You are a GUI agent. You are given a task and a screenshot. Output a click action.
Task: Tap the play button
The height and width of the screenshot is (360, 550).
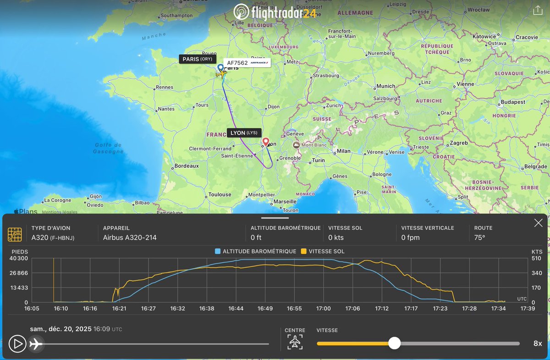[17, 343]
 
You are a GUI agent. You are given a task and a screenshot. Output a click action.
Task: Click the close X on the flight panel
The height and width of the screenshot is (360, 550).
[538, 223]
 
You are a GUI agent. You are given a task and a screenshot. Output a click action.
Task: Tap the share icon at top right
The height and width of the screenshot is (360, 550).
[538, 11]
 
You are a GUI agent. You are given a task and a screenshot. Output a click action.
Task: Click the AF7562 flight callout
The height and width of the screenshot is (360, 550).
[247, 63]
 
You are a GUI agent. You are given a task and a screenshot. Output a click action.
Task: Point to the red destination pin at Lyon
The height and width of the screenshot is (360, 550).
[266, 141]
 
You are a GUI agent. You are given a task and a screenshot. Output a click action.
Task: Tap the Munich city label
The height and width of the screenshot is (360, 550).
[385, 86]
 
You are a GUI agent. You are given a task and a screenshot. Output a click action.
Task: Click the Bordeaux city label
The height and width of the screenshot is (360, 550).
[187, 166]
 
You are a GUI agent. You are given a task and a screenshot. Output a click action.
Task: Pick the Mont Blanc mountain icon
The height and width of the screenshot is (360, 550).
[297, 145]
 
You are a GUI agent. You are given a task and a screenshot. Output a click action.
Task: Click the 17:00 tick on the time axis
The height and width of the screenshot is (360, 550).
[324, 309]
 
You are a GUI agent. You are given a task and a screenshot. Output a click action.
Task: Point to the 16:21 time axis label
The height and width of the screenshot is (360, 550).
[119, 309]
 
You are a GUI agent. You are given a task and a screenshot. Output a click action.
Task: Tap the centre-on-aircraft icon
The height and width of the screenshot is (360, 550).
[295, 342]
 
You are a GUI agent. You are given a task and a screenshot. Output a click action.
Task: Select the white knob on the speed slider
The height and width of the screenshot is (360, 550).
[394, 343]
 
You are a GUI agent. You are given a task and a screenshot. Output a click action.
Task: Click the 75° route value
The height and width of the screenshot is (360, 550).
[479, 238]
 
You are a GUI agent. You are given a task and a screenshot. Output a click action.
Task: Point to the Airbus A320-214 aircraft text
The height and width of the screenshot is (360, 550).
[130, 238]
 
